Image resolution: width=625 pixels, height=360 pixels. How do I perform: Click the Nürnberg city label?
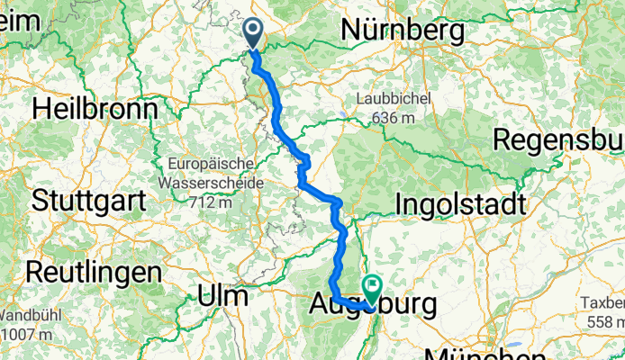coord(403,31)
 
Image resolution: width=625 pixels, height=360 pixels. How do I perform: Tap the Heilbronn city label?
coord(94,109)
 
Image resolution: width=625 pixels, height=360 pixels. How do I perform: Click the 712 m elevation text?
coord(216,200)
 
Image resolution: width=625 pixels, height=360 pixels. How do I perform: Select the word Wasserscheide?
coord(216,183)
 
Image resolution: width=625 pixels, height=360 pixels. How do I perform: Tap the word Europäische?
coord(216,166)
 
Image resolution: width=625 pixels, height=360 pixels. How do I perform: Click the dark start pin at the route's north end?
coord(253,34)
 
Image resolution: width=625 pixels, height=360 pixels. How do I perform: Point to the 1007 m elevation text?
coord(25,332)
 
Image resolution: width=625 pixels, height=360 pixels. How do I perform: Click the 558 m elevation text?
coord(604,322)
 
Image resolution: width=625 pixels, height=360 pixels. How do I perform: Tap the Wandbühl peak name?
coord(27,316)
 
